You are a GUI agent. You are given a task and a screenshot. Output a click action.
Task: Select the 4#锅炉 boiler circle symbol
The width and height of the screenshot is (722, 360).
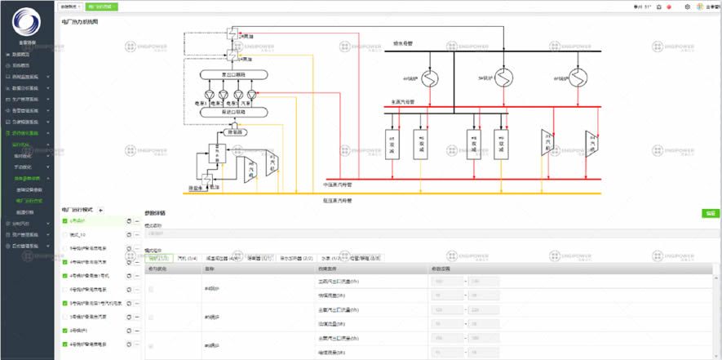click(x=429, y=78)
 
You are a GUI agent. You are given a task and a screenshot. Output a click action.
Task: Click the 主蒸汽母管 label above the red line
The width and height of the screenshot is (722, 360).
click(x=403, y=102)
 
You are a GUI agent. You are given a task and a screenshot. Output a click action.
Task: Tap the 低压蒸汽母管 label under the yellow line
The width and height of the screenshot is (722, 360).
click(x=337, y=199)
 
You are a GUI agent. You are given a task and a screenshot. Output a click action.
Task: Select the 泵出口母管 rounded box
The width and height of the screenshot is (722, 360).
click(x=228, y=74)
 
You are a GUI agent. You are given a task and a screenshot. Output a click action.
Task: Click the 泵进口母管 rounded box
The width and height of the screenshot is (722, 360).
click(x=228, y=111)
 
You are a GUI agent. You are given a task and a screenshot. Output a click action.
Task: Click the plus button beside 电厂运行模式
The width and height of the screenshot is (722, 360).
click(x=101, y=210)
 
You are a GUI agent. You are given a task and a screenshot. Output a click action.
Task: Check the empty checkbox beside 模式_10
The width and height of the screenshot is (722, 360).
click(x=65, y=234)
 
